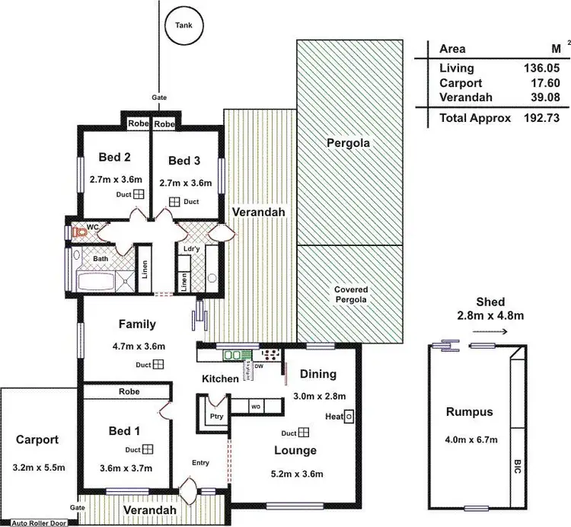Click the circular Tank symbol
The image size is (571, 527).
tap(183, 25)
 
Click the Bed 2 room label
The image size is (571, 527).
tap(114, 158)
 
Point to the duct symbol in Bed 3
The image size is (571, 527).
tap(174, 202)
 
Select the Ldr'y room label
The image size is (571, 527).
tap(190, 248)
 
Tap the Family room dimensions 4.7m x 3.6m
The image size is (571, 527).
tap(137, 345)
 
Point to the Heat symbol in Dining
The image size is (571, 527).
tap(349, 417)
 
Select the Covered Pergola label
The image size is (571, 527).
tap(350, 295)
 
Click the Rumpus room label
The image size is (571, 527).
tap(470, 412)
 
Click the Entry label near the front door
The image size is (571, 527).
tap(201, 462)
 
